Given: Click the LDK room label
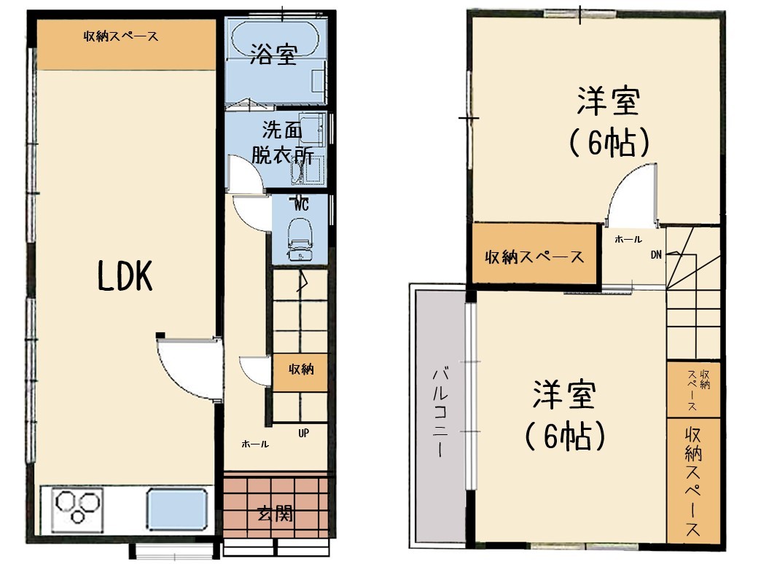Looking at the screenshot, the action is (x=125, y=275).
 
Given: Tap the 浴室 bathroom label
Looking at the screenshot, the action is (x=273, y=54).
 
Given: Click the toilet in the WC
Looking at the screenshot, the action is (x=300, y=238).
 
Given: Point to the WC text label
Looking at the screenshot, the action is (x=301, y=205).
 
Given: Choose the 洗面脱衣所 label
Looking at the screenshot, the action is (x=282, y=142).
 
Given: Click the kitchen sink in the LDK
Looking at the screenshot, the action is (x=176, y=509).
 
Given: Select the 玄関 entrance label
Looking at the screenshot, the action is (x=276, y=514).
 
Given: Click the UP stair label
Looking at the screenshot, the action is (x=303, y=434).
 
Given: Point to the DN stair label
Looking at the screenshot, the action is (x=656, y=255).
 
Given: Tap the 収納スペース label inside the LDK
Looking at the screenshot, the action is (x=121, y=36).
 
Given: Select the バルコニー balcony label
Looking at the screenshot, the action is (x=440, y=412).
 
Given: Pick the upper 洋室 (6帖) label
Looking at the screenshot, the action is (x=609, y=122).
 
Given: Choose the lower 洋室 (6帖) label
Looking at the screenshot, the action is (x=564, y=415).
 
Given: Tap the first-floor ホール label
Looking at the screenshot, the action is (x=255, y=444).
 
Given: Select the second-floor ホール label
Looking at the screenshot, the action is (x=628, y=239).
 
